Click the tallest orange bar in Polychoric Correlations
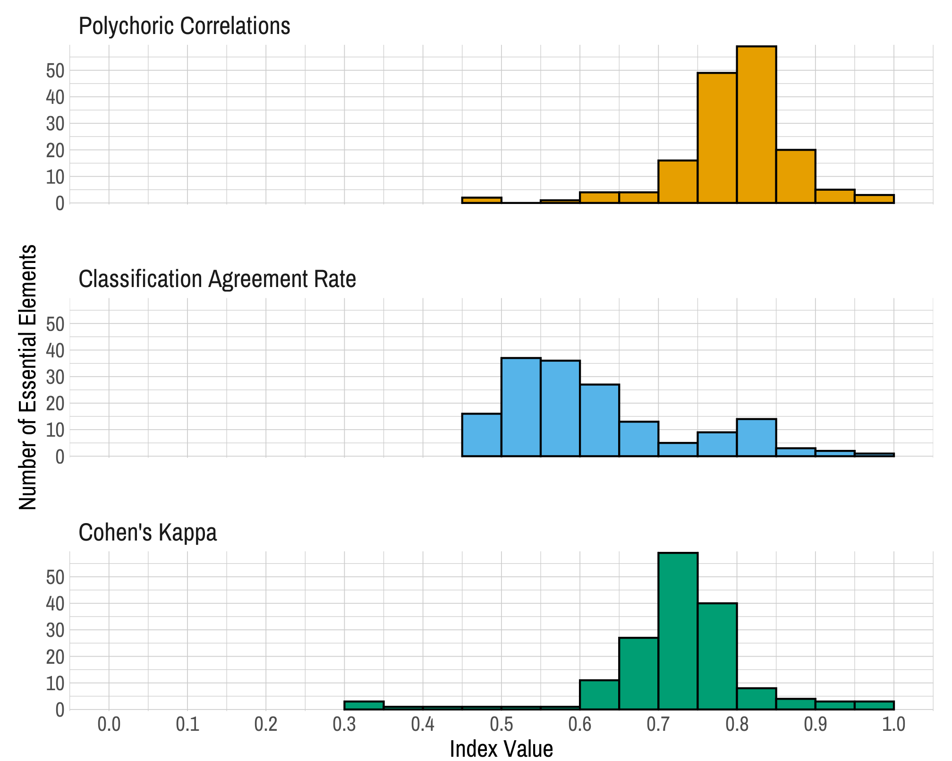coord(756,125)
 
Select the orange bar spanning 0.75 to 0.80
coord(717,138)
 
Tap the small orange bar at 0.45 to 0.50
coord(481,200)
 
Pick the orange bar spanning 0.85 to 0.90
coord(795,177)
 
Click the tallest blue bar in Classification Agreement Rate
coord(521,407)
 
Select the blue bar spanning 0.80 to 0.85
coord(756,438)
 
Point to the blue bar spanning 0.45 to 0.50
coord(481,435)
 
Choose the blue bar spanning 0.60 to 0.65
coord(599,420)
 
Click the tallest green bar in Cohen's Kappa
coord(678,631)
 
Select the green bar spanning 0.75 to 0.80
coord(717,656)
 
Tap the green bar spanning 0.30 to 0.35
coord(364,705)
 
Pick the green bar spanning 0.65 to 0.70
coord(638,673)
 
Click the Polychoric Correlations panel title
coord(184,26)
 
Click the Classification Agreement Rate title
coord(217,279)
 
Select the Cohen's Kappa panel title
coord(147,533)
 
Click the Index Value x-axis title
coord(501,749)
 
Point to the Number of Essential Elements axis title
coord(27,377)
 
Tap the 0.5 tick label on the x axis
coord(501,724)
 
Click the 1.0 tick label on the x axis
coord(893,724)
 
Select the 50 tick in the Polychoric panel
coord(54,71)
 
